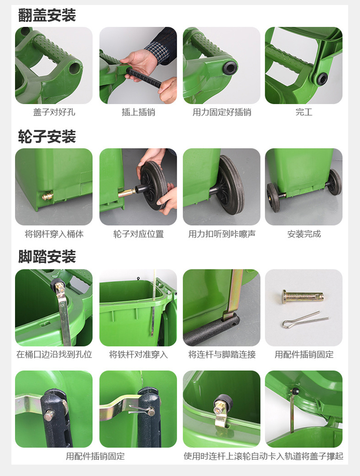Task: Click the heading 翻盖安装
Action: [x=46, y=15]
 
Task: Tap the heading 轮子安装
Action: [x=46, y=136]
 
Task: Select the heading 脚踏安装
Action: [x=46, y=257]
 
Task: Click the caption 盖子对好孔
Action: [x=54, y=112]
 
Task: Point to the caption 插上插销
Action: [x=138, y=112]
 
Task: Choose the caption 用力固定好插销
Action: [x=222, y=112]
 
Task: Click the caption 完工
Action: [x=304, y=112]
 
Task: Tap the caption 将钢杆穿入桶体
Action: [x=54, y=234]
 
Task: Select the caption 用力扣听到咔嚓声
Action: [x=222, y=234]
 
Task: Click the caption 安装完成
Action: [x=304, y=234]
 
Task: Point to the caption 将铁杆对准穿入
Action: [x=138, y=355]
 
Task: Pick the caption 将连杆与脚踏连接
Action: [x=222, y=355]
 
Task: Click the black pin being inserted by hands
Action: [x=144, y=78]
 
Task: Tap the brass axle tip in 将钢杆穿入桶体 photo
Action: [x=47, y=196]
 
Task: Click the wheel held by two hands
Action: [x=154, y=186]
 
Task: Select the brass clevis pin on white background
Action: [x=303, y=296]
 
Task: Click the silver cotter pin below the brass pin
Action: [x=305, y=320]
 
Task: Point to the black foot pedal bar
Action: [x=211, y=330]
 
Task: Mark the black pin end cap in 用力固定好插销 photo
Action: [x=230, y=67]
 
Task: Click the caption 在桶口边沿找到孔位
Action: [x=54, y=355]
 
